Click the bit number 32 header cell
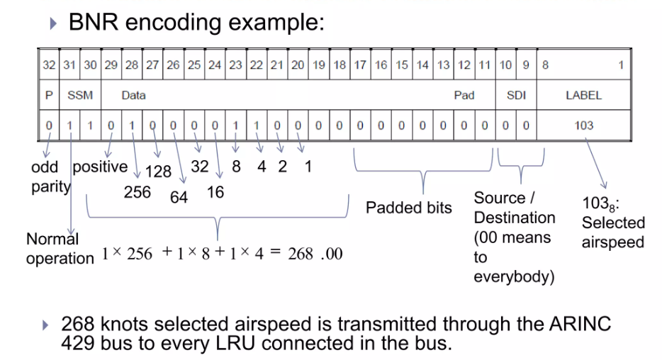(48, 65)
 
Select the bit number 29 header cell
(111, 65)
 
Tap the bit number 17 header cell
(360, 65)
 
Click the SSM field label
(80, 96)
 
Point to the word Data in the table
(133, 96)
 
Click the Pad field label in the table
(464, 96)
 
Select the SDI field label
(515, 96)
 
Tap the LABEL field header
(583, 96)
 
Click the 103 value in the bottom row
(583, 126)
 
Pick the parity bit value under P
(48, 126)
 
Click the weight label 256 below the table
(137, 192)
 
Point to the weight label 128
(159, 171)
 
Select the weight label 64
(179, 196)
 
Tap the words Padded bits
(408, 208)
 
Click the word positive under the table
(100, 167)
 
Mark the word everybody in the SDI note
(514, 276)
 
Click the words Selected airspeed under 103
(612, 232)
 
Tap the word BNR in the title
(91, 22)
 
